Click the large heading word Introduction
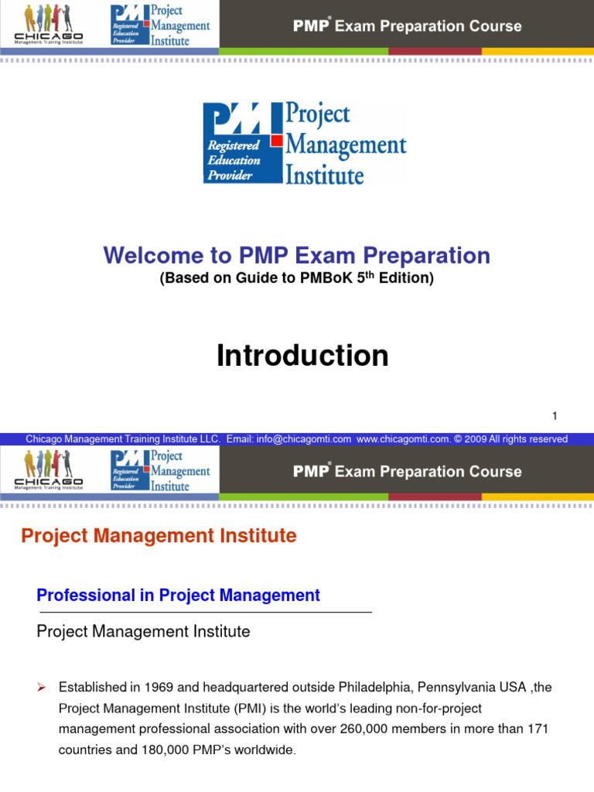(x=302, y=356)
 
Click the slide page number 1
(x=555, y=416)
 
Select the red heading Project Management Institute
(x=159, y=536)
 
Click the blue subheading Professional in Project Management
(x=178, y=595)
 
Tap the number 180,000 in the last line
(x=163, y=749)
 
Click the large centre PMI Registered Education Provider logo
(x=304, y=144)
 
